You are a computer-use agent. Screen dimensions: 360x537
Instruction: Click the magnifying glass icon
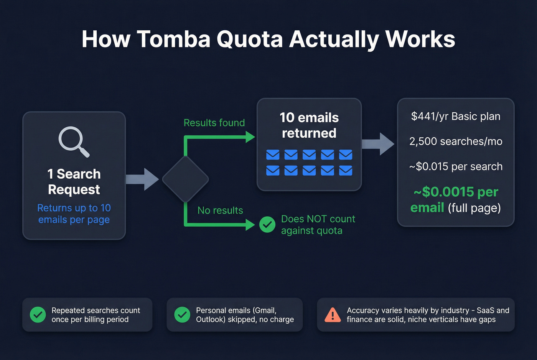pyautogui.click(x=73, y=141)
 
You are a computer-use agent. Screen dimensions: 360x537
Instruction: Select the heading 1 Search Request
pyautogui.click(x=74, y=182)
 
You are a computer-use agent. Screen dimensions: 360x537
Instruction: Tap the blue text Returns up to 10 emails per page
pyautogui.click(x=74, y=214)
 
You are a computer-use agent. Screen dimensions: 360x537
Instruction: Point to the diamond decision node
pyautogui.click(x=185, y=179)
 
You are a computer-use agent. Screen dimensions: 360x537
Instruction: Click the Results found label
pyautogui.click(x=214, y=123)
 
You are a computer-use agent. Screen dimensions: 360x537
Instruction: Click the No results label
pyautogui.click(x=220, y=210)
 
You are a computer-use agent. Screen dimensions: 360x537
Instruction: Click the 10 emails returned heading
pyautogui.click(x=309, y=125)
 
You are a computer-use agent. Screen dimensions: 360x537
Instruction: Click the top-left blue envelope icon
pyautogui.click(x=273, y=155)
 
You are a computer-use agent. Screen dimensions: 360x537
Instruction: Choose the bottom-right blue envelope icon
pyautogui.click(x=346, y=171)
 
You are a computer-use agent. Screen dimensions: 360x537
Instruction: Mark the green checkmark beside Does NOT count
pyautogui.click(x=267, y=225)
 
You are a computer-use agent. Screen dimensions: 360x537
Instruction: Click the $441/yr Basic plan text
pyautogui.click(x=456, y=117)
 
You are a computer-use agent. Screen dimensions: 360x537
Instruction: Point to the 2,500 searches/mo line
pyautogui.click(x=456, y=141)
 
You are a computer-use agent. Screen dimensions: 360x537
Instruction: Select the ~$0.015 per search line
pyautogui.click(x=456, y=166)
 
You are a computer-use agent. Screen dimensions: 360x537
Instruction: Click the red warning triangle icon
pyautogui.click(x=333, y=315)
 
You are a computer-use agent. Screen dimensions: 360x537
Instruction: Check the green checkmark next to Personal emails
pyautogui.click(x=182, y=315)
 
